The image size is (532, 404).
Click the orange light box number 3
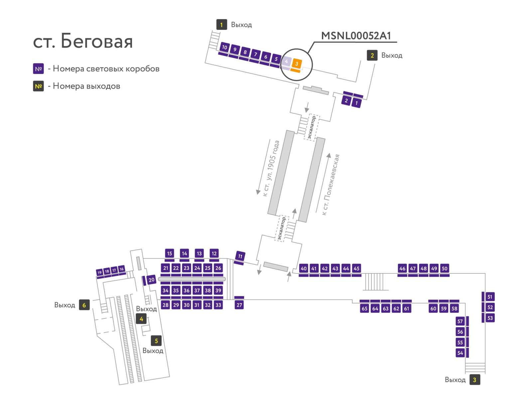(x=296, y=64)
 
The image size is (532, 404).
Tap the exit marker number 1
(x=221, y=25)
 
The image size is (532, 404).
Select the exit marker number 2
(x=372, y=55)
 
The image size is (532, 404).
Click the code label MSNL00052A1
(x=356, y=36)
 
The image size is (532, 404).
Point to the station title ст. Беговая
(x=83, y=41)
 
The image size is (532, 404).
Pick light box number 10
(x=224, y=47)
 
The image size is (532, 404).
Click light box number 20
(x=151, y=280)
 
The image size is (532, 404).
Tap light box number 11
(x=240, y=256)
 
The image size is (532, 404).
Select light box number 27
(x=239, y=305)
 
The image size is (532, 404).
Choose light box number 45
(x=356, y=268)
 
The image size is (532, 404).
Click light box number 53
(x=490, y=318)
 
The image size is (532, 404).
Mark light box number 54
(x=460, y=353)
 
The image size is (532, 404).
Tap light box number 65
(x=364, y=308)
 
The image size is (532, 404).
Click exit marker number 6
(x=84, y=305)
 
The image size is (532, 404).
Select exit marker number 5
(x=156, y=341)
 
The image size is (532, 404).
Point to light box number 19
(x=99, y=272)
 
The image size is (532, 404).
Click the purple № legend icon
(x=38, y=68)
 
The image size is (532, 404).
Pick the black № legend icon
(x=38, y=86)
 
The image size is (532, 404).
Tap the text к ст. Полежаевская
(x=331, y=184)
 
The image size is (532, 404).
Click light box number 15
(x=170, y=253)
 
